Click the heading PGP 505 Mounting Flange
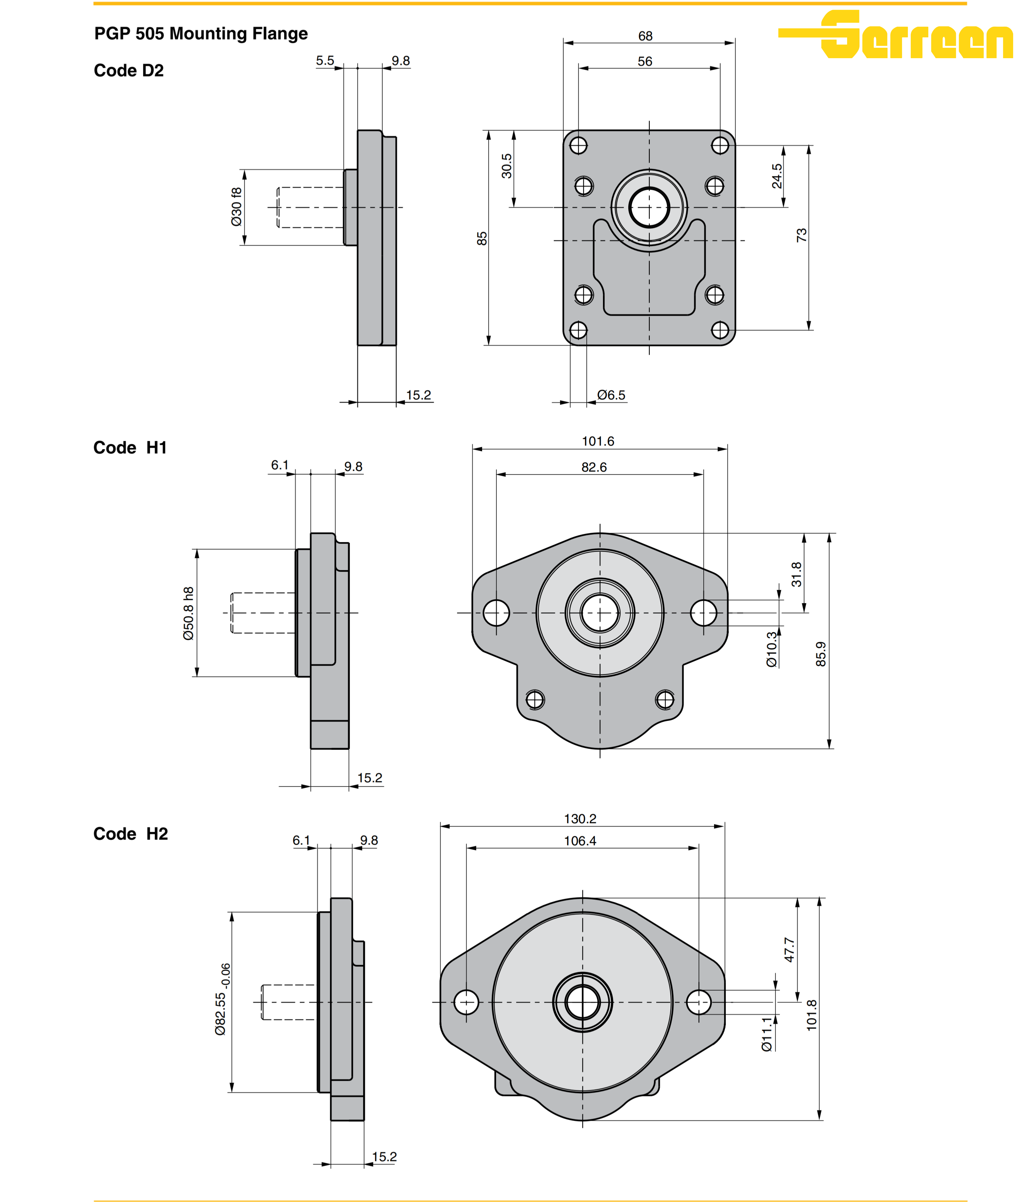[x=201, y=34]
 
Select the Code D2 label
[x=129, y=71]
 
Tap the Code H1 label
[x=130, y=448]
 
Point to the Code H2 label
[x=131, y=834]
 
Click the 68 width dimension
[x=645, y=36]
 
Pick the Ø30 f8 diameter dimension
[x=236, y=207]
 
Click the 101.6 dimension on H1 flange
[x=598, y=441]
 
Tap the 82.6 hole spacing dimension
[x=594, y=467]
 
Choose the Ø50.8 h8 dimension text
[x=189, y=613]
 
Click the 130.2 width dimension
[x=580, y=818]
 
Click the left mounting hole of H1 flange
[x=496, y=613]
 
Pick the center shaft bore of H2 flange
[x=582, y=1002]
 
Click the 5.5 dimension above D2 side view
[x=325, y=61]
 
